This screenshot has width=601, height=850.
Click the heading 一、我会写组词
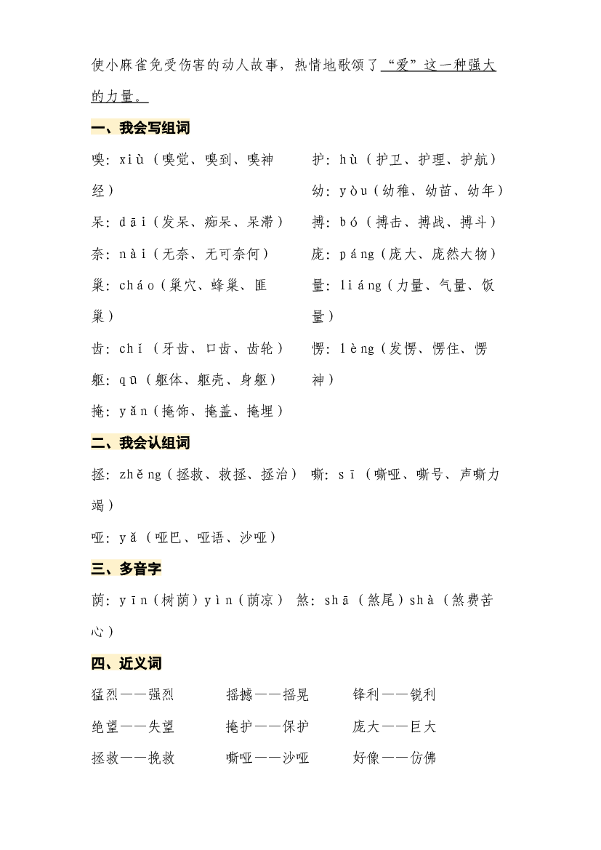(141, 128)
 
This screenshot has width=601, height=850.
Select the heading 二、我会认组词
(141, 443)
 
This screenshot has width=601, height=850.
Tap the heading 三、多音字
(126, 569)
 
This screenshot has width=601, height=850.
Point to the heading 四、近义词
(126, 663)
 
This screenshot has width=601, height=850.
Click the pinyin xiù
(132, 159)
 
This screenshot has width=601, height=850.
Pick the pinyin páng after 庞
(357, 254)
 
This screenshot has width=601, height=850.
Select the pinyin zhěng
(140, 475)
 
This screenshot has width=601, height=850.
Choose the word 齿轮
(260, 348)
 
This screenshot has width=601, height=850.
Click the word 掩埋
(260, 412)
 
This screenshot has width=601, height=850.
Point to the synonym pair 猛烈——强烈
(133, 694)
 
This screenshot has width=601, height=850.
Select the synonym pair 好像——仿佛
(394, 758)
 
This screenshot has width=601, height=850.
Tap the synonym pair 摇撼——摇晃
(267, 694)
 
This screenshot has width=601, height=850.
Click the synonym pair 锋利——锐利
(394, 694)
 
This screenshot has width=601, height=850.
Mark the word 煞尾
(380, 600)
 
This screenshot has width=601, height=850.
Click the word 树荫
(175, 600)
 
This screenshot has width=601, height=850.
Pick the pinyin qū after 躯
(129, 380)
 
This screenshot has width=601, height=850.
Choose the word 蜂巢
(225, 286)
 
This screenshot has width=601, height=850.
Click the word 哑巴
(168, 537)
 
